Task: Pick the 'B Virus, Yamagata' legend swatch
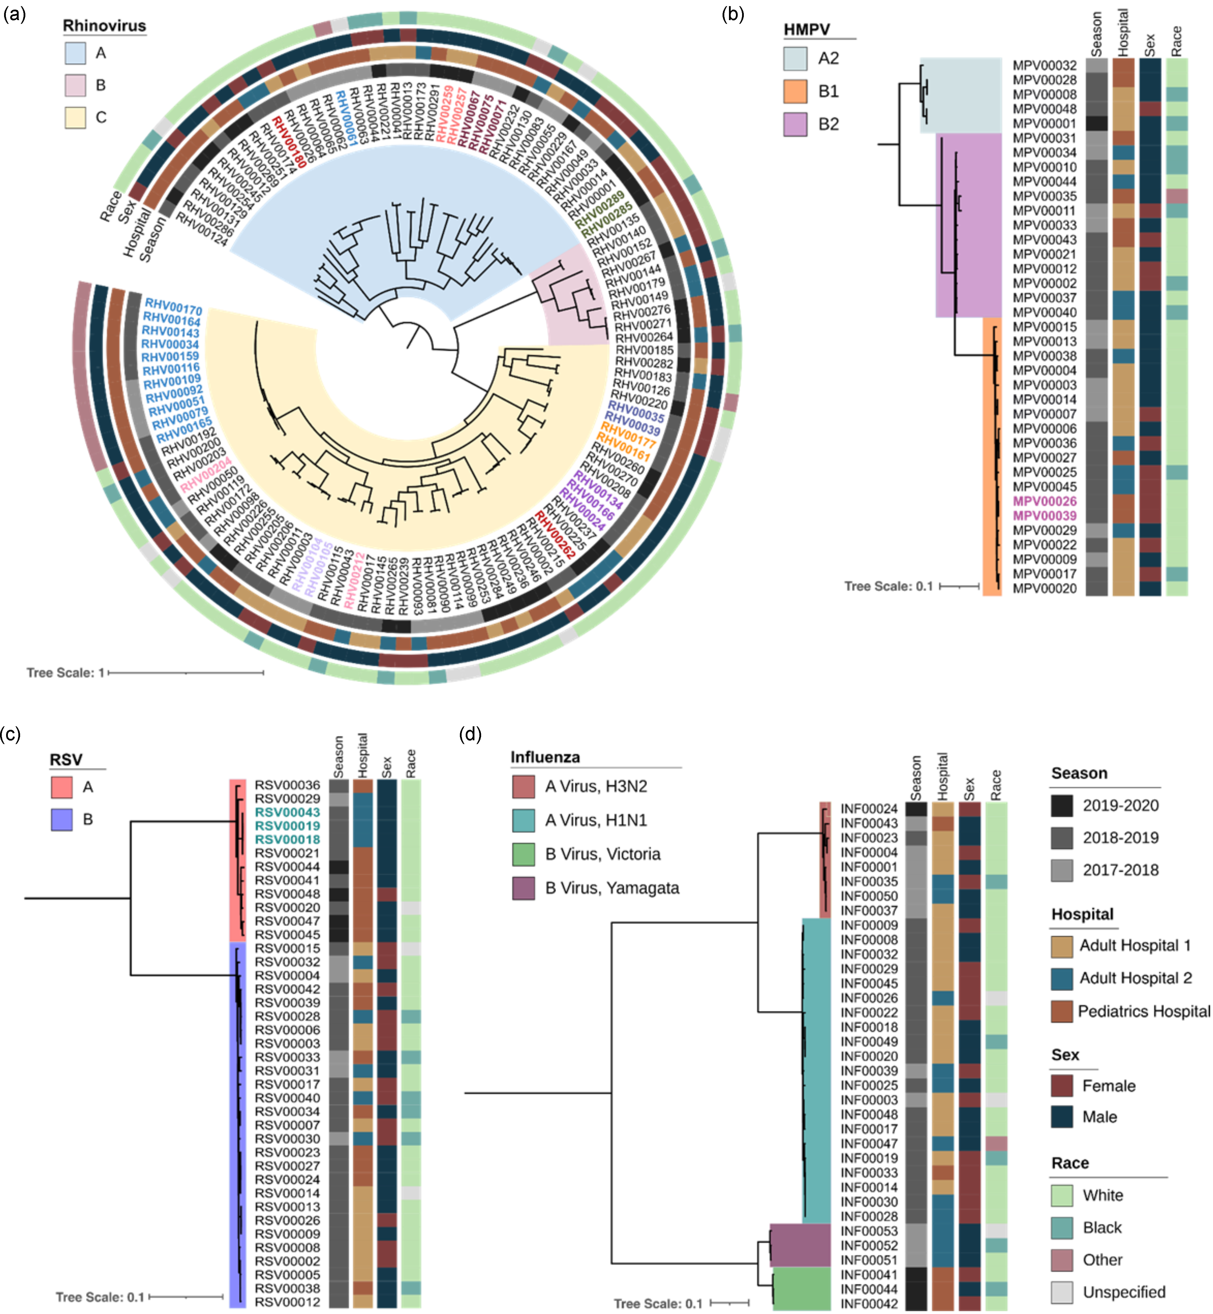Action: click(x=523, y=888)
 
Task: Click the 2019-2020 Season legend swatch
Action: click(x=1061, y=805)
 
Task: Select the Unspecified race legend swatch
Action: click(x=1061, y=1292)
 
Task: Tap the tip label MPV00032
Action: click(x=1044, y=65)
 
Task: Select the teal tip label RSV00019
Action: click(x=287, y=826)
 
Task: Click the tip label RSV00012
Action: click(x=287, y=1301)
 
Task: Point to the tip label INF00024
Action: click(x=869, y=809)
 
